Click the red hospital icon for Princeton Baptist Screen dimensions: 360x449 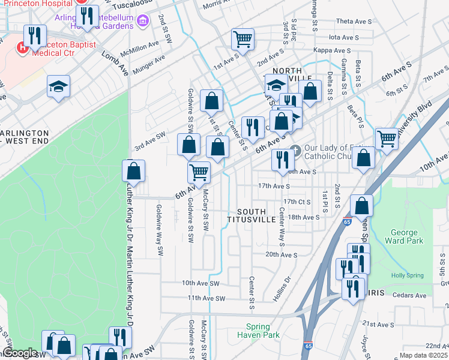click(23, 47)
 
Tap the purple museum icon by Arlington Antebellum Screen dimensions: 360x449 click(142, 22)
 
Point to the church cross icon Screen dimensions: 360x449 click(294, 149)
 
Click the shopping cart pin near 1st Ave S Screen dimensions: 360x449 click(243, 40)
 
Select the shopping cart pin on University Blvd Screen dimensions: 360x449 click(387, 139)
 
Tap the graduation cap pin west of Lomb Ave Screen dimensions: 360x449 click(59, 86)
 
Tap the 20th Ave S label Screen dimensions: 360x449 click(282, 254)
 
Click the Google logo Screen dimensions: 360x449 click(20, 353)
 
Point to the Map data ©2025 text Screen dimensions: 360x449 click(423, 355)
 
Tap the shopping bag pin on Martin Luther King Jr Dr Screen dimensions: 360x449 click(133, 172)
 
